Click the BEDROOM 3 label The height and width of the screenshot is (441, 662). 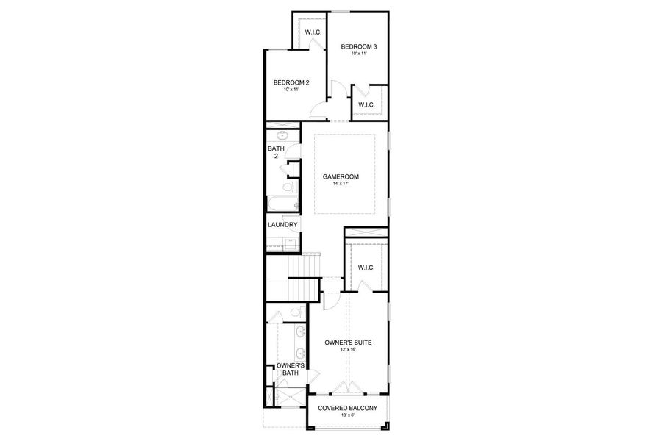(359, 47)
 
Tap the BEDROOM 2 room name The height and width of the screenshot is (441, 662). (291, 82)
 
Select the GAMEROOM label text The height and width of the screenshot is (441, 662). (340, 176)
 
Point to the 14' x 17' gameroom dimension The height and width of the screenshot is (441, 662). (340, 184)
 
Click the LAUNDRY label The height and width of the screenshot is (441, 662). (282, 225)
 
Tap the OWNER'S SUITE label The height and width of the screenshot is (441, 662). (348, 342)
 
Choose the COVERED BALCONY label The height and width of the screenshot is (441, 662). (347, 408)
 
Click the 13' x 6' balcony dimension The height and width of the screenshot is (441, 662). (347, 415)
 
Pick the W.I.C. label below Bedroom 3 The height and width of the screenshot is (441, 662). (366, 105)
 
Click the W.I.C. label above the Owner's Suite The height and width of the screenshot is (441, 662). (366, 268)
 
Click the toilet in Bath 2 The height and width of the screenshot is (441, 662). (291, 188)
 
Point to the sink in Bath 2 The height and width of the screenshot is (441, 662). (282, 137)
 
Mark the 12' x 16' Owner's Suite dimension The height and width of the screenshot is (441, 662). (348, 349)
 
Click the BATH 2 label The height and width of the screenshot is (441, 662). (275, 152)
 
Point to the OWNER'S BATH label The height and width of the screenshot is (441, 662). (287, 369)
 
